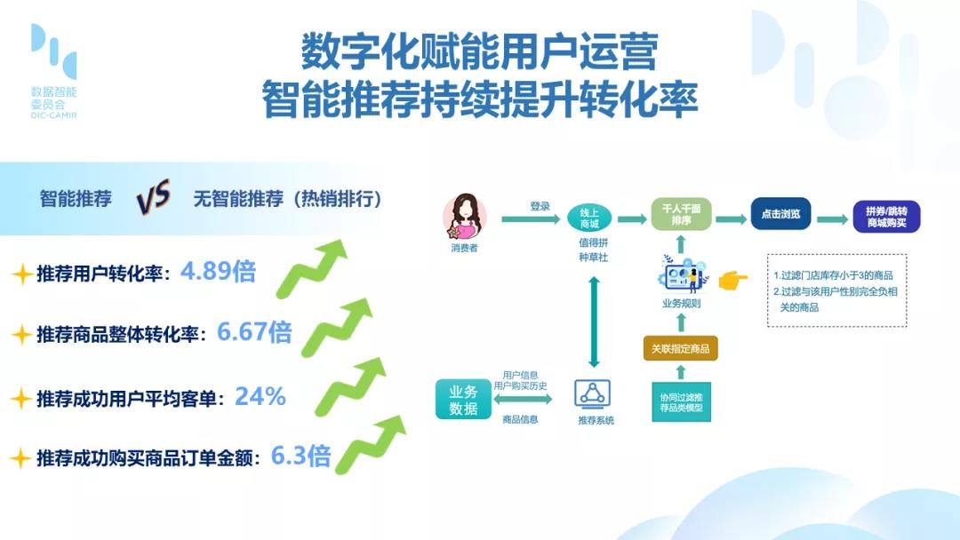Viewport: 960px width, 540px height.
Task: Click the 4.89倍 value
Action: pyautogui.click(x=218, y=271)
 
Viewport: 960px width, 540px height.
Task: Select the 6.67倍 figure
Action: pyautogui.click(x=254, y=332)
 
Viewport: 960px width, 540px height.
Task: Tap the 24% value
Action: pyautogui.click(x=260, y=397)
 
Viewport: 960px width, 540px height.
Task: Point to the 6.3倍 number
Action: pyautogui.click(x=300, y=457)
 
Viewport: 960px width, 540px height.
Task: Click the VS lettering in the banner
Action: pyautogui.click(x=153, y=197)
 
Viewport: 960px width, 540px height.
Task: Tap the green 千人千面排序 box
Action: pyautogui.click(x=681, y=214)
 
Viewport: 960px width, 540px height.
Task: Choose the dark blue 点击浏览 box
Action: pyautogui.click(x=780, y=214)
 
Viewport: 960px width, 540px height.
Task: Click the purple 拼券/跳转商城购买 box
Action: pyautogui.click(x=886, y=217)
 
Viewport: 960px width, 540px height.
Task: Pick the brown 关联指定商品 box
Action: pyautogui.click(x=680, y=348)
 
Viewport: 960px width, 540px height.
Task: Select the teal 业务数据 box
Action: pyautogui.click(x=463, y=400)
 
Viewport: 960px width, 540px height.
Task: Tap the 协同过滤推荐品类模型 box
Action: pyautogui.click(x=682, y=402)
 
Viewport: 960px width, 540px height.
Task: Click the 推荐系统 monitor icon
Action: pyautogui.click(x=592, y=393)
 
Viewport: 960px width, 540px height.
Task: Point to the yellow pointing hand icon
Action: pyautogui.click(x=732, y=280)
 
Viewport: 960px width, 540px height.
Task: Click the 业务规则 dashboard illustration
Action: pyautogui.click(x=682, y=275)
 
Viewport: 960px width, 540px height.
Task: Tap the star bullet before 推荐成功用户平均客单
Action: pyautogui.click(x=21, y=399)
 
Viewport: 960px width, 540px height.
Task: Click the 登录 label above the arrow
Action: pyautogui.click(x=540, y=207)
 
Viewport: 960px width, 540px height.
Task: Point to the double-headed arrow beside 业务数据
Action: pyautogui.click(x=523, y=400)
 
